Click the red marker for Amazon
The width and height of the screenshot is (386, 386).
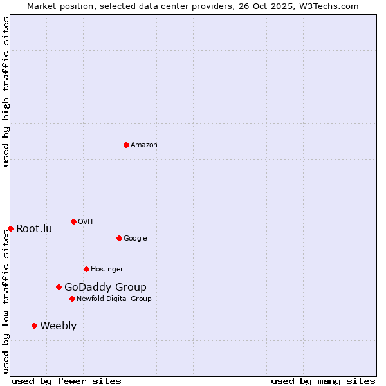pos(126,145)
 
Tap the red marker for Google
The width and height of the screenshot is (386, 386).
pos(119,238)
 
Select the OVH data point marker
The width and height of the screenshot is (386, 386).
pos(73,221)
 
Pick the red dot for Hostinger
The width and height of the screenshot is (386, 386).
pos(86,269)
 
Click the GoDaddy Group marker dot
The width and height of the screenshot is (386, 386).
pos(59,287)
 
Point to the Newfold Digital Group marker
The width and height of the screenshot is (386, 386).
pos(72,299)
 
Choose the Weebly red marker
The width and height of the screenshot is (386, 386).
pos(34,326)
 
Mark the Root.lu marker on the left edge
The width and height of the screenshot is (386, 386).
pos(10,228)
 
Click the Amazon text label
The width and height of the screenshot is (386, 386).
pos(144,145)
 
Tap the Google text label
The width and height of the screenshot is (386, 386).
pos(135,238)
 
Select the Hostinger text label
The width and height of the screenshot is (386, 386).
pos(107,269)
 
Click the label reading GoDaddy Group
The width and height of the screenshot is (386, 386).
pos(106,287)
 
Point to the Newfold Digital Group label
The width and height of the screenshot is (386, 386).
pos(114,299)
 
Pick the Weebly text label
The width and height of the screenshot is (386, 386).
pos(58,326)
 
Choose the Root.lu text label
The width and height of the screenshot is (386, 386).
pos(34,228)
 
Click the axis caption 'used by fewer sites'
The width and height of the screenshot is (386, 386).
pos(66,381)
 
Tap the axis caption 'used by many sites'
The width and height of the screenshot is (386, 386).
pos(323,381)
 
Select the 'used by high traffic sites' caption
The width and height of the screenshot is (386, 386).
pos(6,91)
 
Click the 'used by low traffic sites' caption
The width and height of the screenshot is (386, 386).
pos(6,300)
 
